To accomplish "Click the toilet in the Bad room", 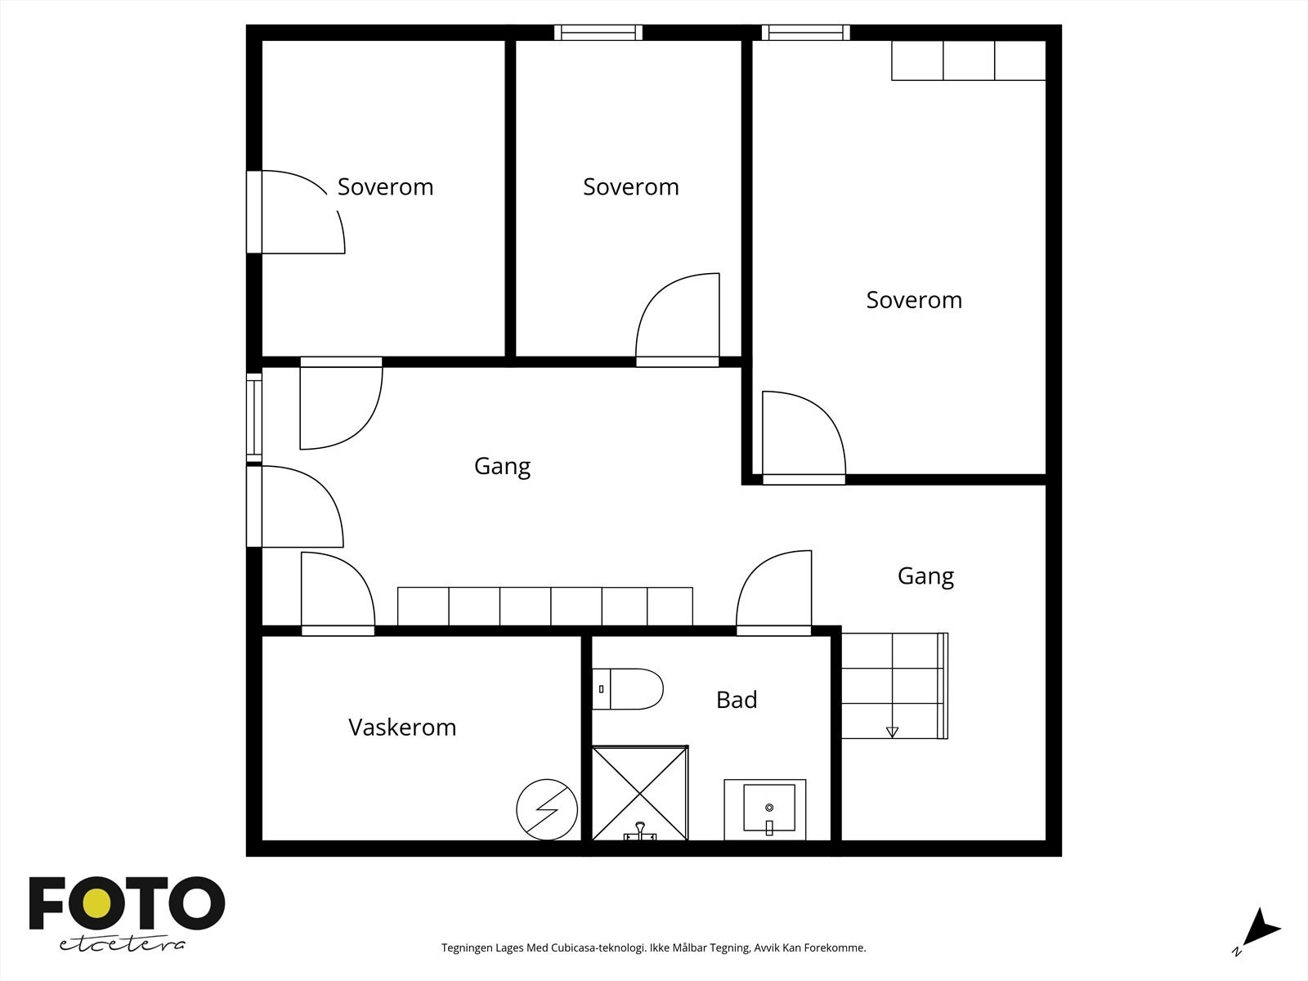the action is [628, 688].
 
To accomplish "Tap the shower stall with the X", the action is [640, 793].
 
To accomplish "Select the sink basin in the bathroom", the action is [768, 808].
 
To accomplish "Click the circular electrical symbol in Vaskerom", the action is [547, 809].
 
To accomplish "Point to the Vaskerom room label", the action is [402, 728].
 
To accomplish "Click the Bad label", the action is [737, 700].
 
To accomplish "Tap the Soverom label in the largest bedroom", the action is [914, 299].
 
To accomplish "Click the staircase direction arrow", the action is [892, 732].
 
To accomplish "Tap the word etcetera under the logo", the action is [122, 945].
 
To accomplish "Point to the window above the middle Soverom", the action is [598, 32].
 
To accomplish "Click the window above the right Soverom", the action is [806, 32].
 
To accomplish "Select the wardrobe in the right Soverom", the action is [969, 60].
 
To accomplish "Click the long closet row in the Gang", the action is [544, 607].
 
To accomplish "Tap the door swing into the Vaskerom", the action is [338, 594].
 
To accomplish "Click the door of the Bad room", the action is [773, 593].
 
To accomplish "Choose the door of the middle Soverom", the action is [678, 320].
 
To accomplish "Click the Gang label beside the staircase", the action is [925, 576].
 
